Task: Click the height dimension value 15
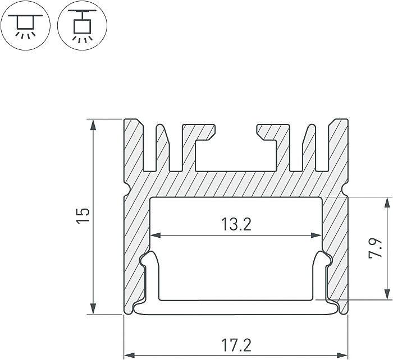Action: click(83, 216)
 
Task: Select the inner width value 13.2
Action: click(236, 225)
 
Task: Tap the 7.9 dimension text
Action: click(376, 247)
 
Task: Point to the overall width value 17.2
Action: click(236, 344)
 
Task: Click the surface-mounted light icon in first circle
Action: click(25, 26)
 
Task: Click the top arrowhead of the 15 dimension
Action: click(94, 124)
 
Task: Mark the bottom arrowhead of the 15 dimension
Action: click(94, 310)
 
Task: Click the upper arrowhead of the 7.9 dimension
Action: click(386, 202)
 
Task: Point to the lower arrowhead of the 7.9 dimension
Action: click(386, 294)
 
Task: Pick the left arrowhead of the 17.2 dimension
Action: click(129, 355)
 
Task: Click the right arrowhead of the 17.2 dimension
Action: click(343, 355)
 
